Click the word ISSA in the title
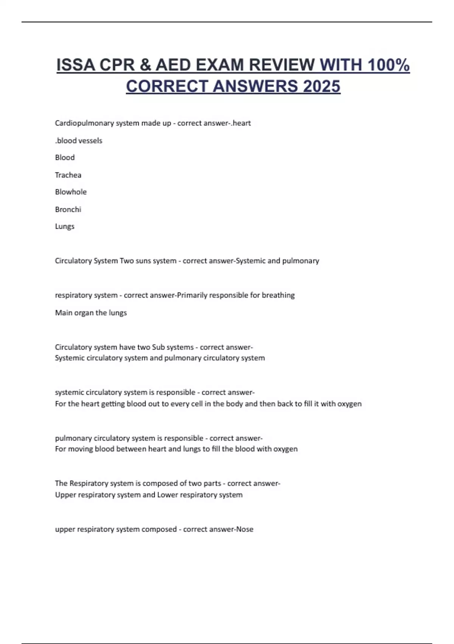point(75,65)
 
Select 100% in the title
point(389,65)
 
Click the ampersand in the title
point(145,65)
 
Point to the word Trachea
point(68,175)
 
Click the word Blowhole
point(71,192)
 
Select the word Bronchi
point(68,209)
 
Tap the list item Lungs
point(65,227)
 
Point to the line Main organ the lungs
point(91,313)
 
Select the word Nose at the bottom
point(245,529)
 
